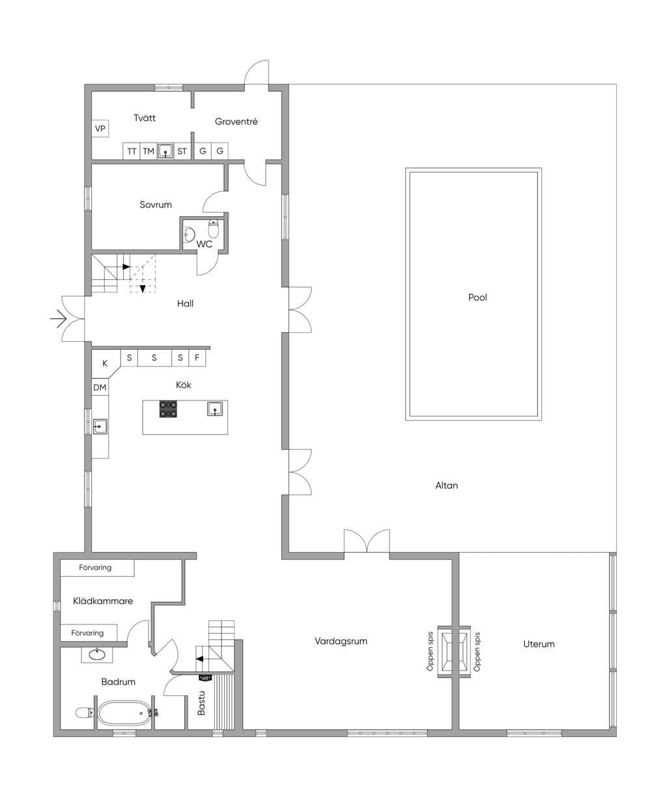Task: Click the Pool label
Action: coord(477,298)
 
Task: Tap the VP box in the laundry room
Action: coord(100,129)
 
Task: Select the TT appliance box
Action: coord(132,151)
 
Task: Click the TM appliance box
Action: coord(149,151)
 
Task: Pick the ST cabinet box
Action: coord(182,151)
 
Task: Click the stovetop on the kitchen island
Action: coord(168,409)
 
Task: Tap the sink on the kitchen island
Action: coord(215,408)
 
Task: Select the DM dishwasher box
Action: coord(100,387)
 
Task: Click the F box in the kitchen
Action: coord(197,358)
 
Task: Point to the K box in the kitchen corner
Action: coord(105,363)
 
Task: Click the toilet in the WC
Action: coord(214,229)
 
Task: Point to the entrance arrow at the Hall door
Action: coord(59,318)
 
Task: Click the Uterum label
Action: coord(539,644)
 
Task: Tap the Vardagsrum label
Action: coord(341,641)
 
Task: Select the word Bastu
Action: coord(201,703)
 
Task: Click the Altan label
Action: coord(446,485)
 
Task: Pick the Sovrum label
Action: coord(156,204)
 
